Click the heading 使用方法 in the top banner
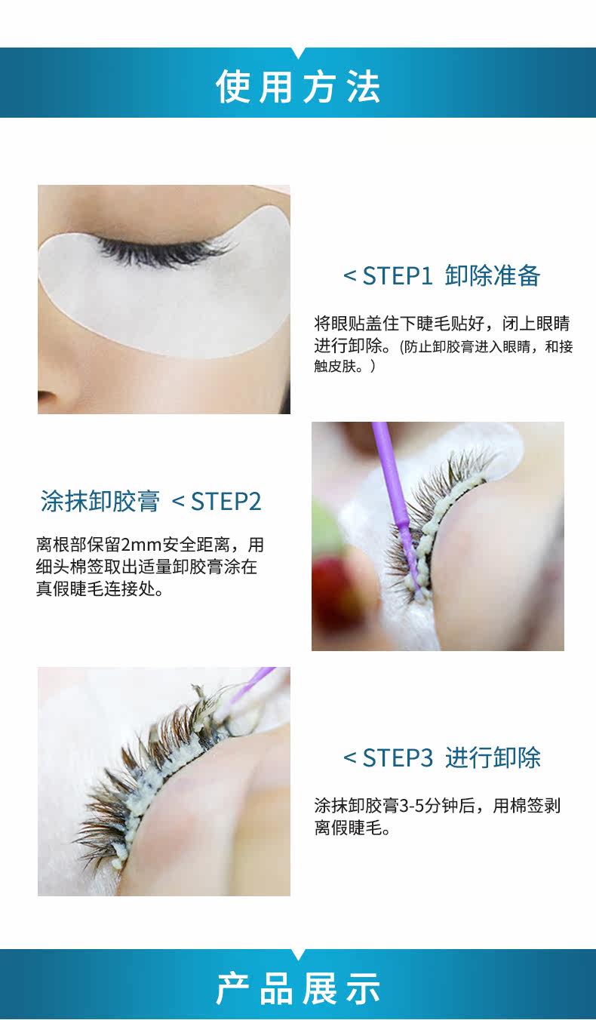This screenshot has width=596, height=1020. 298,86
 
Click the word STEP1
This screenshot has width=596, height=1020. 397,276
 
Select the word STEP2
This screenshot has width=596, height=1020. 226,502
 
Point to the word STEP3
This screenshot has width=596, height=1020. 397,758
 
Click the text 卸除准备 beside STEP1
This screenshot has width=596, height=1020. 493,275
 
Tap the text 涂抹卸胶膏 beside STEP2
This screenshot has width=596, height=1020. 100,502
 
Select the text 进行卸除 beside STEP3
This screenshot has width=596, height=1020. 493,758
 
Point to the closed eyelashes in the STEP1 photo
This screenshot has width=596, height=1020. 164,249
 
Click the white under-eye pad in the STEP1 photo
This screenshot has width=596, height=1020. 164,291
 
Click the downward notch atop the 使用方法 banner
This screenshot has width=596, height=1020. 298,52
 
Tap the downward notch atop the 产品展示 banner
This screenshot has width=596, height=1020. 298,954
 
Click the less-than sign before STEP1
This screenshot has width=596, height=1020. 349,276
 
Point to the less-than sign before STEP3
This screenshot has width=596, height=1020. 349,758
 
